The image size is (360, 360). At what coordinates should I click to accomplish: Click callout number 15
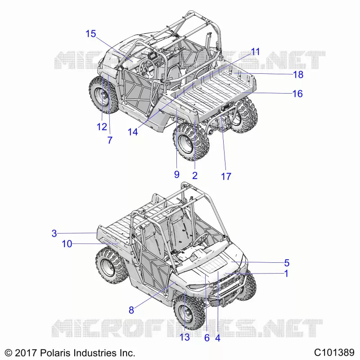[x=91, y=34]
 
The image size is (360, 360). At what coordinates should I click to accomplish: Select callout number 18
[x=298, y=75]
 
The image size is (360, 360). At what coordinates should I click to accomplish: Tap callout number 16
[x=297, y=94]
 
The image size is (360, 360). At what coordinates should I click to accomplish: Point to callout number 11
[x=255, y=52]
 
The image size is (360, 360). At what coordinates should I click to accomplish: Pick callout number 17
[x=226, y=176]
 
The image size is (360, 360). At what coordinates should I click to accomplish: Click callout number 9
[x=176, y=175]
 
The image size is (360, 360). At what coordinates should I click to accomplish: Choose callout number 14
[x=133, y=132]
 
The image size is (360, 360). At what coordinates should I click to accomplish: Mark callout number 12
[x=102, y=127]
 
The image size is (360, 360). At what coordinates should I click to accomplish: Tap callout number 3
[x=54, y=233]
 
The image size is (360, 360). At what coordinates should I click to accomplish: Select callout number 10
[x=67, y=244]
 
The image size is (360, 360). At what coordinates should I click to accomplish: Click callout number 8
[x=131, y=310]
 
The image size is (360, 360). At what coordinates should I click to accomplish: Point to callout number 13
[x=184, y=337]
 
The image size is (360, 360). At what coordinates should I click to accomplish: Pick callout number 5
[x=287, y=263]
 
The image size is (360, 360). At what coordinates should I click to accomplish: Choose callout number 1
[x=286, y=274]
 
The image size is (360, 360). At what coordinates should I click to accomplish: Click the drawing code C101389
[x=334, y=352]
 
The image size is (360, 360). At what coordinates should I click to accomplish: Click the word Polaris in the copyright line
[x=55, y=353]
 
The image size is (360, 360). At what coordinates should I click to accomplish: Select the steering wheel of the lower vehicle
[x=200, y=239]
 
